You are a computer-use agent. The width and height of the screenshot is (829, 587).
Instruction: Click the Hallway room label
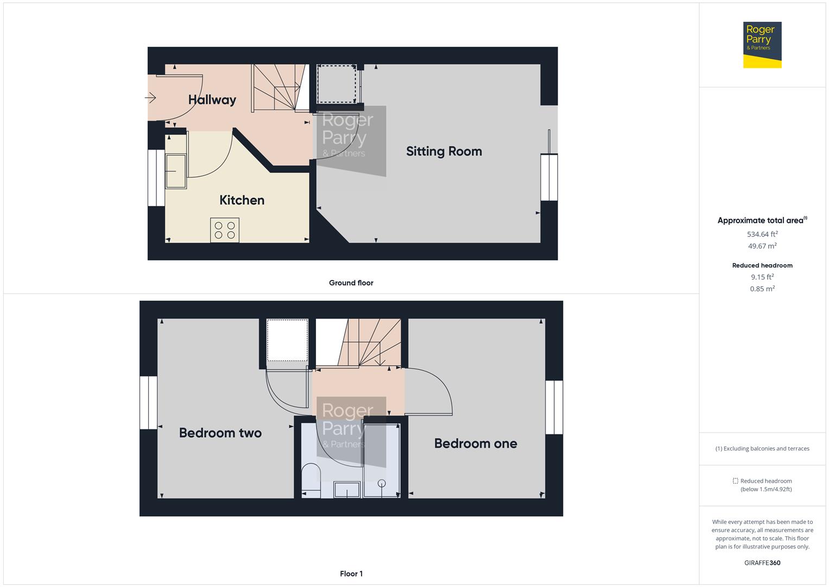212,100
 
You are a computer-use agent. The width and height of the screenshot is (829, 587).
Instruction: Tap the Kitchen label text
242,200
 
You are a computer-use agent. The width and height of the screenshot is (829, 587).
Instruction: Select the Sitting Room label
444,152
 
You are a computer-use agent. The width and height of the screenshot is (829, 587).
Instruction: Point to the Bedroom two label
220,433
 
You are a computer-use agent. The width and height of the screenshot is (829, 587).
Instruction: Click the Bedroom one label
475,444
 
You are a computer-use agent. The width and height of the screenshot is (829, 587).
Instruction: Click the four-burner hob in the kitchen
225,230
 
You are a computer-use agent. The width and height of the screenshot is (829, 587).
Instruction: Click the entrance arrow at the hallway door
150,98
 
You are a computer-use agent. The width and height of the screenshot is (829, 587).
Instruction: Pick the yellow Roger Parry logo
762,45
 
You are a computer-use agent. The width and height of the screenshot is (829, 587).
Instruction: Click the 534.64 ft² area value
762,234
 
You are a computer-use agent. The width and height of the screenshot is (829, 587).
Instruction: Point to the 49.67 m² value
762,246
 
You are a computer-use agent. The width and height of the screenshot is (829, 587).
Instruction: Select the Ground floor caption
351,283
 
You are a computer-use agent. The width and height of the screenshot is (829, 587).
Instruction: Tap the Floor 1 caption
351,573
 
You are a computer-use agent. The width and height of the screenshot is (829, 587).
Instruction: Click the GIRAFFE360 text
762,563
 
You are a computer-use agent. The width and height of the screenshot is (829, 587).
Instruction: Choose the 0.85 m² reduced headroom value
762,289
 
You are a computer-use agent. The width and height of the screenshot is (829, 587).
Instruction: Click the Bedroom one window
554,407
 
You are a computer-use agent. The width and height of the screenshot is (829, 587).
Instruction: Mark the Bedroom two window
148,403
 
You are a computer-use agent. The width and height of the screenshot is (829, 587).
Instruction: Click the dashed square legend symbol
735,481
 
